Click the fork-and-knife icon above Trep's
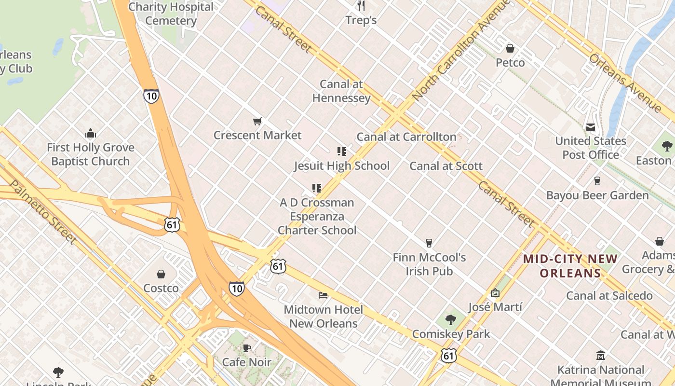[x=361, y=6]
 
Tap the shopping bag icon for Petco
[x=510, y=48]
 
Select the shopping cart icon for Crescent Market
[x=257, y=121]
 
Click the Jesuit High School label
[x=342, y=166]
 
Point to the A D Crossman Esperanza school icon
[x=317, y=188]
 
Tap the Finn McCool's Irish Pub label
[x=429, y=264]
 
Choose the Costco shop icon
[x=161, y=274]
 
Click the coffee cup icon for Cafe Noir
[x=247, y=348]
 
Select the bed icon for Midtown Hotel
[x=323, y=295]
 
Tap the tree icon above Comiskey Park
[x=451, y=319]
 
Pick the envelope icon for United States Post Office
[x=591, y=127]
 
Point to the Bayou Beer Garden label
[x=597, y=195]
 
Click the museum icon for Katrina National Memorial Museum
[x=600, y=356]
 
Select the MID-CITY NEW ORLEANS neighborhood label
[x=570, y=266]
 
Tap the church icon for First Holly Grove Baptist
[x=90, y=134]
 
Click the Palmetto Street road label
[x=43, y=212]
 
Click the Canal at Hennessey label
[x=341, y=91]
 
